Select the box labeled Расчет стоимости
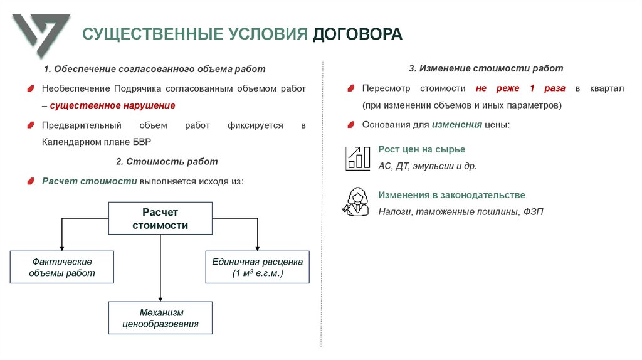[160, 219]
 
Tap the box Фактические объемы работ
[61, 267]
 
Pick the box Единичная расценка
[258, 267]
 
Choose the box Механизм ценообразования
[160, 318]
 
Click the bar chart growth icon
[358, 158]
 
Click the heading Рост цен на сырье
[421, 149]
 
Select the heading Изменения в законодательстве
[451, 195]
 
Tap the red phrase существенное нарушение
[112, 105]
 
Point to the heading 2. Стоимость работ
[167, 161]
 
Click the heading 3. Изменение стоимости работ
[486, 68]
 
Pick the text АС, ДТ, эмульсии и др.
[428, 166]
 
